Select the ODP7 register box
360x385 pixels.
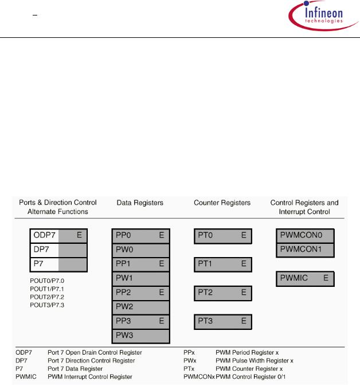coord(58,236)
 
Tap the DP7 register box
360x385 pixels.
coord(58,250)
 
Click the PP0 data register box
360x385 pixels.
coord(140,236)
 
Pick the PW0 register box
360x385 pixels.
coord(140,250)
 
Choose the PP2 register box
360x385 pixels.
coord(140,293)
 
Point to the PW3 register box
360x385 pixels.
coord(140,335)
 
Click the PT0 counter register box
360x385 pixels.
coord(222,236)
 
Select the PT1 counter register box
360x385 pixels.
coord(222,264)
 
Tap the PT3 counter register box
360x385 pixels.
coord(222,320)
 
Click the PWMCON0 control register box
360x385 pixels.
coord(305,236)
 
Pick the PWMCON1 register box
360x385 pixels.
coord(305,250)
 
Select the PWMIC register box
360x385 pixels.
coord(305,278)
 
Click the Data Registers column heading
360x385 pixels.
coord(140,203)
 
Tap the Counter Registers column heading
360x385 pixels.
coord(222,203)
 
